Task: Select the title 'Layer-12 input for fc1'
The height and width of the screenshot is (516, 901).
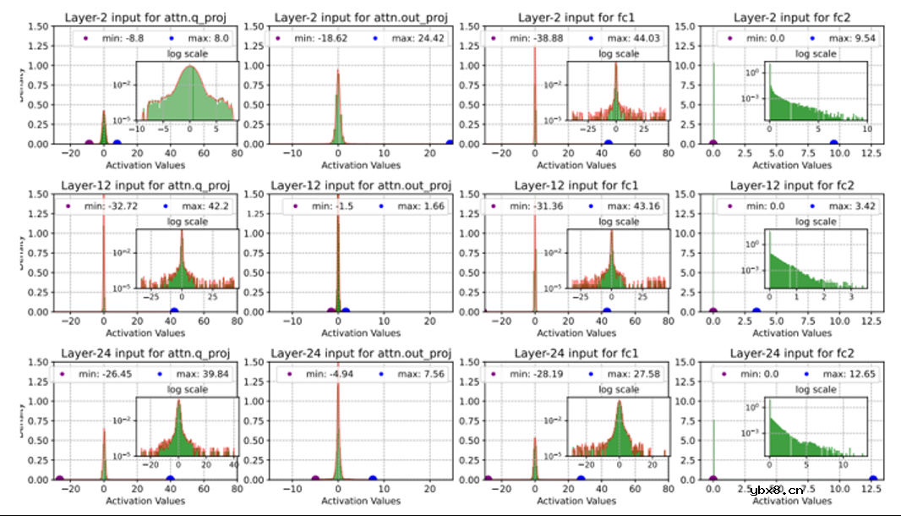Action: (x=578, y=185)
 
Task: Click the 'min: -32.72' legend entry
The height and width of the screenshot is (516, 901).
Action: (x=109, y=207)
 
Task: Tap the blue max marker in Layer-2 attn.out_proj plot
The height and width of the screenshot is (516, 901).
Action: (x=450, y=144)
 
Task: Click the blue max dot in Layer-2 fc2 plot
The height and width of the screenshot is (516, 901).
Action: (x=834, y=144)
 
